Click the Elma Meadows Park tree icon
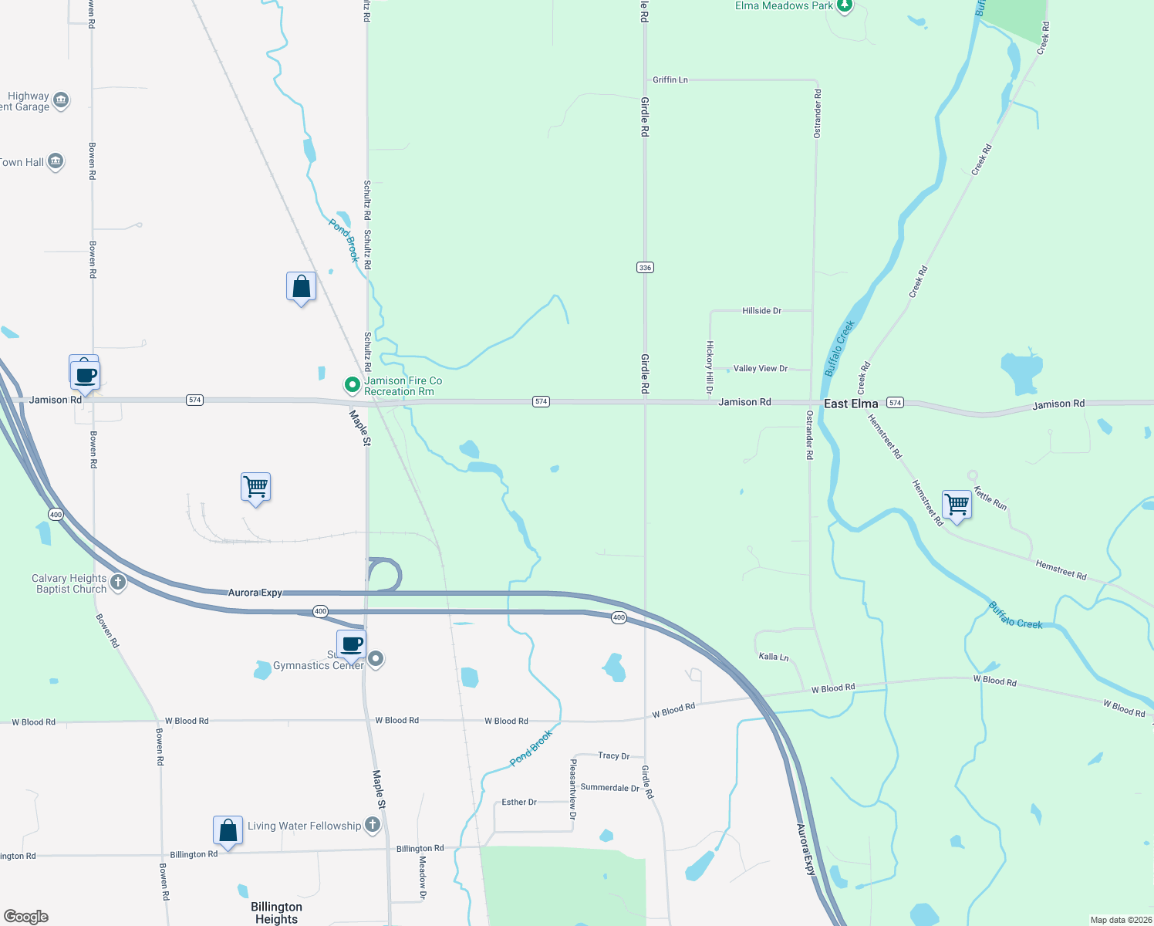[x=845, y=6]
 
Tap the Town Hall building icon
[x=56, y=161]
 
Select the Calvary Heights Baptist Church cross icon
[x=118, y=583]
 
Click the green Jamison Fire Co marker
[x=352, y=384]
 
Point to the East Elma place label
[x=851, y=404]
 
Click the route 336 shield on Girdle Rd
[x=645, y=268]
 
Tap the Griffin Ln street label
[x=670, y=79]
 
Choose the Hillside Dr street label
[x=761, y=311]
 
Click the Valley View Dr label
[x=760, y=369]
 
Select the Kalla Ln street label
[x=773, y=657]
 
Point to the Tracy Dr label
[x=613, y=755]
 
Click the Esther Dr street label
[x=518, y=803]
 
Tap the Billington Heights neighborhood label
[x=276, y=912]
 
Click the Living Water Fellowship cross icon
[x=373, y=825]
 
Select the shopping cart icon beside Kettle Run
[x=957, y=504]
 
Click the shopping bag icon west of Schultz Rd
[x=301, y=287]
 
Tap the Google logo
[x=26, y=917]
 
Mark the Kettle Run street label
[x=990, y=498]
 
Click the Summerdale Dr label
[x=609, y=788]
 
